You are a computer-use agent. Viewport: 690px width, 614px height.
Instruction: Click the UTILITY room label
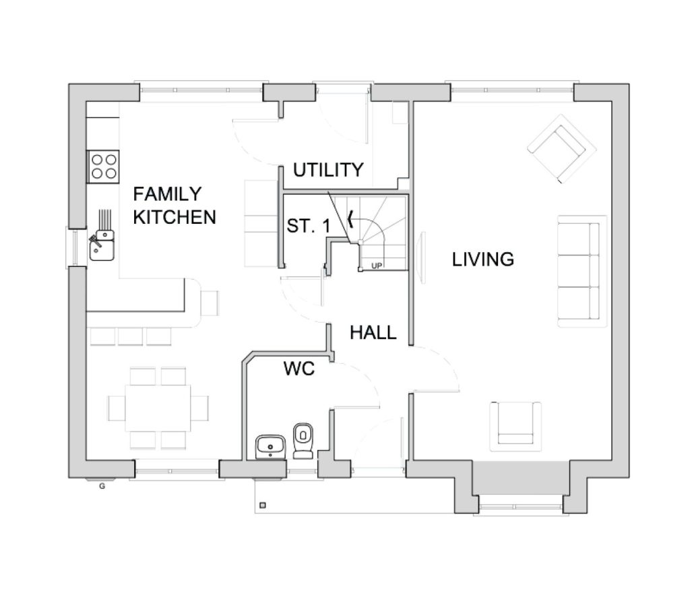(328, 170)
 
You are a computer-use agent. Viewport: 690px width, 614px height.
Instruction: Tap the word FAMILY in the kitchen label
(167, 193)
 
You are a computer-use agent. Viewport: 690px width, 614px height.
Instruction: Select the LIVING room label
(483, 259)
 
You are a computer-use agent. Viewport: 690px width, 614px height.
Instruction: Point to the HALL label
(373, 333)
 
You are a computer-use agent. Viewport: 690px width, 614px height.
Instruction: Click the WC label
(299, 369)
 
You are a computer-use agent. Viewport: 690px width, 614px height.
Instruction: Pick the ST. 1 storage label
(308, 226)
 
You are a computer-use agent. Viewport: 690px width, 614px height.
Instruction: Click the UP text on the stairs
(377, 266)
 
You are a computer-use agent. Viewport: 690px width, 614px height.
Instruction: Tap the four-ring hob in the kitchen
(104, 166)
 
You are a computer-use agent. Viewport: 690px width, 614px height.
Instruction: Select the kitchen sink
(102, 245)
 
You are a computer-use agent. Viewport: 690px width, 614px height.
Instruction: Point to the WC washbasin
(270, 447)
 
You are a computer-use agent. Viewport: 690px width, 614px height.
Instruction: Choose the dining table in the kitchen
(158, 408)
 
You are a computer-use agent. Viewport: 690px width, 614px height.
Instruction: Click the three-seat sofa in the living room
(582, 271)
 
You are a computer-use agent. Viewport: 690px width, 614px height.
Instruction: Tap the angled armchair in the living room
(562, 149)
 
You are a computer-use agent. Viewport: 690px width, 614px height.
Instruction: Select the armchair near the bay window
(515, 426)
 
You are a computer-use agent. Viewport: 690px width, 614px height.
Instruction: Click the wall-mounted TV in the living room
(423, 258)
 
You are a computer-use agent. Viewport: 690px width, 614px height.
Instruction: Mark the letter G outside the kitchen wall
(102, 487)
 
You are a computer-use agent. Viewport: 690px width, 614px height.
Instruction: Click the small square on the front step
(263, 505)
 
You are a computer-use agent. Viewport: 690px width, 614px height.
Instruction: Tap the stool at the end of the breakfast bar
(210, 303)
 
